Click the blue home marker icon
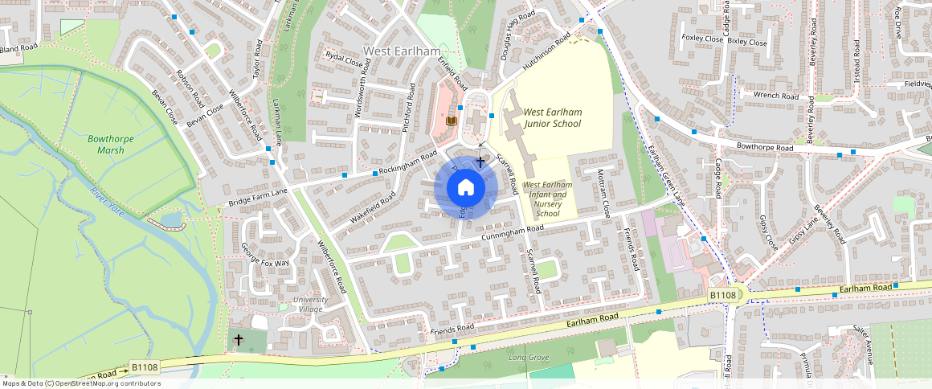[465, 188]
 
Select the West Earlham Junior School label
[552, 118]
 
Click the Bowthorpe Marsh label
[110, 145]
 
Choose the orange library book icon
[452, 121]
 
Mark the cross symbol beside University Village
[238, 340]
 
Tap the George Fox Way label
[265, 263]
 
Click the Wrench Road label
[775, 96]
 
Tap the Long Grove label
[529, 356]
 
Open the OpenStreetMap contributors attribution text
[80, 383]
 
